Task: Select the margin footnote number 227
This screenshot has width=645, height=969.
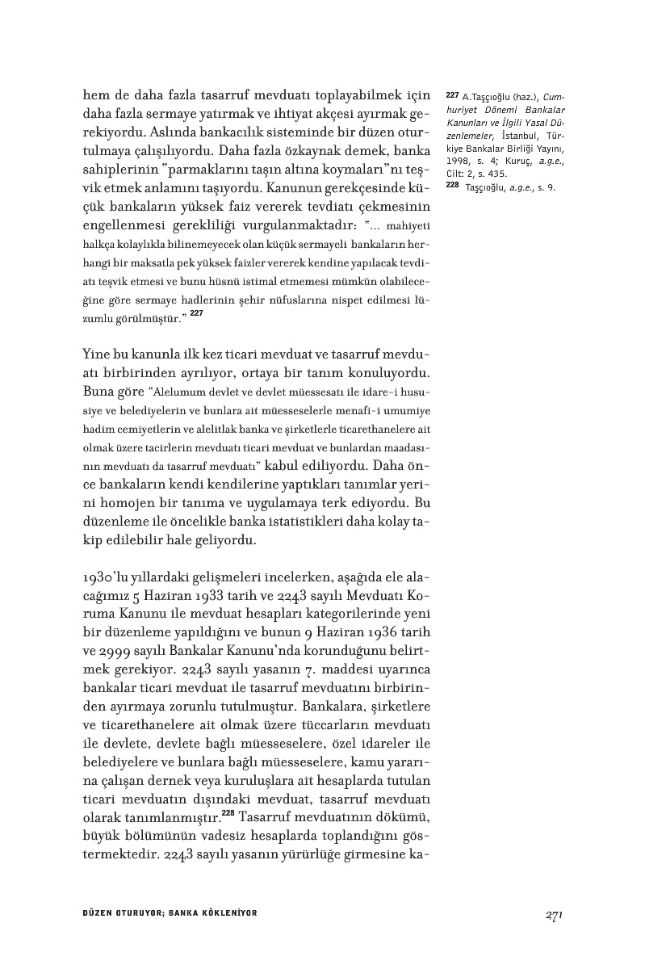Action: click(x=452, y=95)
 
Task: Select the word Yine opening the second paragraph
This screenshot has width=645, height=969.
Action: click(x=98, y=354)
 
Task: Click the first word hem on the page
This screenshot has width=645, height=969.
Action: click(x=97, y=95)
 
